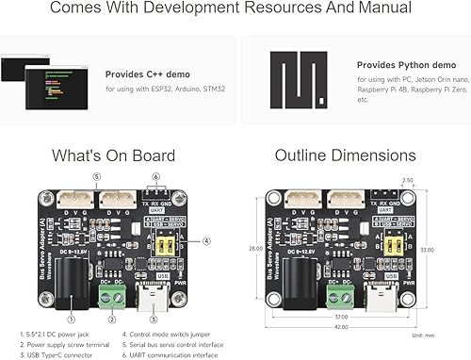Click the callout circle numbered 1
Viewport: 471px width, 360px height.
point(72,303)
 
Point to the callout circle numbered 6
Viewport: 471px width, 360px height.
point(155,176)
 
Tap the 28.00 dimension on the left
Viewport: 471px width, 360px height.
point(254,248)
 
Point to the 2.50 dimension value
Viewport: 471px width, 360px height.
point(408,180)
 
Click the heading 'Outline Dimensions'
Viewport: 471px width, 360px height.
point(345,155)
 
